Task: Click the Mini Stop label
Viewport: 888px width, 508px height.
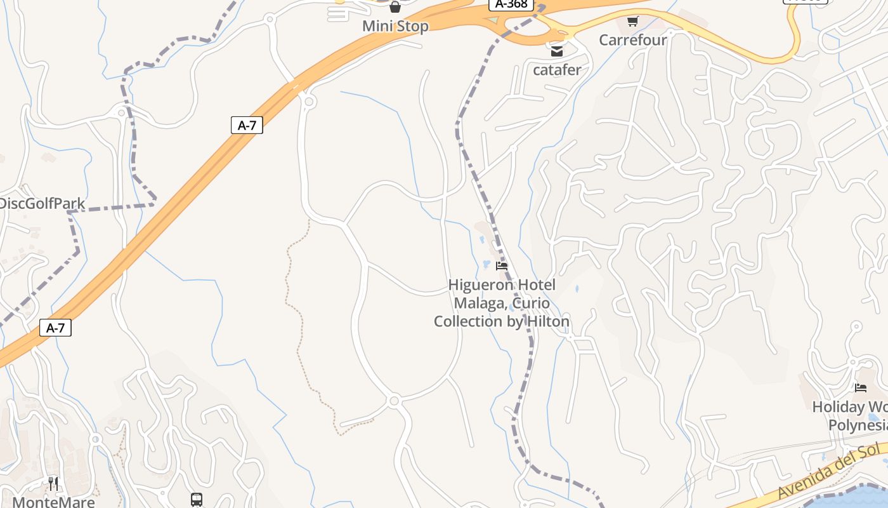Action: (395, 26)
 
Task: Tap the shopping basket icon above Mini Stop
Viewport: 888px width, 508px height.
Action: (395, 7)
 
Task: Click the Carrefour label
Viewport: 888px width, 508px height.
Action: (633, 40)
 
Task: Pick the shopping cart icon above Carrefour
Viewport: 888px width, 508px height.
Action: (632, 22)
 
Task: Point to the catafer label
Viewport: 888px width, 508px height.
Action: (557, 70)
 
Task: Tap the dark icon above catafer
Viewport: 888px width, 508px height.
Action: (557, 51)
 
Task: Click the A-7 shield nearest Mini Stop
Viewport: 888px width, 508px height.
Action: (247, 125)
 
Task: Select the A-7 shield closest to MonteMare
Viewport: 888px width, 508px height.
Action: (56, 328)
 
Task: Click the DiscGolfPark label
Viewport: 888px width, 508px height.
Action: (42, 204)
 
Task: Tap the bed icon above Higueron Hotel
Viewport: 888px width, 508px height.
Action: (502, 265)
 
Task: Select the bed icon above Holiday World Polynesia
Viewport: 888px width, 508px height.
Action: (861, 387)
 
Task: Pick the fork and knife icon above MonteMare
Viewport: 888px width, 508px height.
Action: (53, 484)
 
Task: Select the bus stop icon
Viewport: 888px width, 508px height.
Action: (197, 500)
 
